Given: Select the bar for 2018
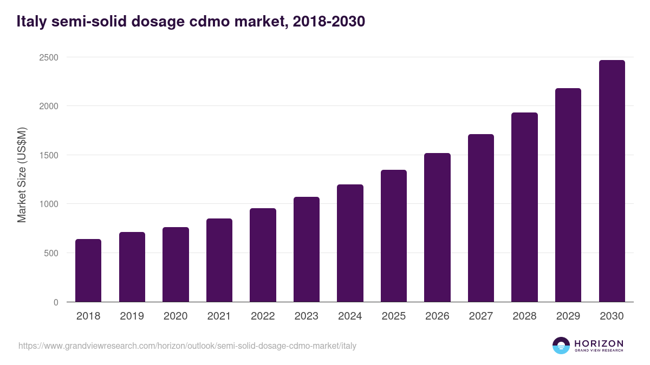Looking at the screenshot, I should coord(88,270).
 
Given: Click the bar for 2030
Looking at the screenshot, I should coord(612,181).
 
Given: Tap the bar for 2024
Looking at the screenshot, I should coord(350,243).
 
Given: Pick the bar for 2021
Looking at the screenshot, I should coord(219,260).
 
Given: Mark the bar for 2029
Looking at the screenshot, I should coord(568,195).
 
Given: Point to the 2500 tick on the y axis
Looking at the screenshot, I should coord(49,57).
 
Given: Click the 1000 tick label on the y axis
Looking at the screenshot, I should coord(49,204).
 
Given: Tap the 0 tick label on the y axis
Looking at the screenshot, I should coord(56,302).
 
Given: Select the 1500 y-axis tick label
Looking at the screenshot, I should coord(49,155).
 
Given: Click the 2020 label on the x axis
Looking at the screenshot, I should coord(175,316).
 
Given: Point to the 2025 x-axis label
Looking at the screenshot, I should coord(394,316).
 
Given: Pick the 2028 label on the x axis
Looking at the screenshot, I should coord(524,316).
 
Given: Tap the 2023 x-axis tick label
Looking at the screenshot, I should coord(307,316).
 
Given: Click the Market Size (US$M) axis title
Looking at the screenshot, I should coord(22,174).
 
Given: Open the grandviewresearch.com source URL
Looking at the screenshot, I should coord(187,346).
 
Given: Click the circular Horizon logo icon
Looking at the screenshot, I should coord(561,346).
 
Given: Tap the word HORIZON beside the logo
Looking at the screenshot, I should coord(599,343).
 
